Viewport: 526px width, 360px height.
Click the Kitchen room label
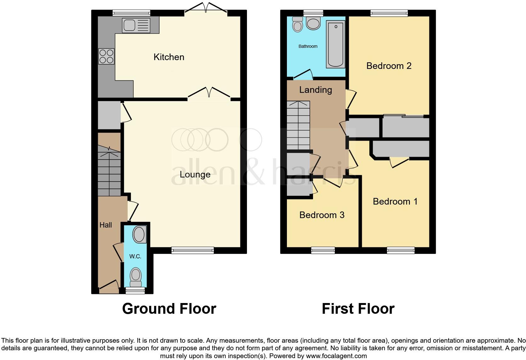pyautogui.click(x=169, y=57)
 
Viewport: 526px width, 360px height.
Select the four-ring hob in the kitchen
pyautogui.click(x=106, y=56)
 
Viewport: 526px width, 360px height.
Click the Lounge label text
pyautogui.click(x=195, y=174)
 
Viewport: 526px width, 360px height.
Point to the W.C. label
pyautogui.click(x=135, y=256)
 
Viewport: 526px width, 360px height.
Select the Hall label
pyautogui.click(x=106, y=225)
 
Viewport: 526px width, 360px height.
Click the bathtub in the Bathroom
pyautogui.click(x=335, y=44)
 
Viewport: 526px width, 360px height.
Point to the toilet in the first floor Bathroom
pyautogui.click(x=297, y=24)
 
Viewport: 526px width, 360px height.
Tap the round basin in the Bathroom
pyautogui.click(x=313, y=23)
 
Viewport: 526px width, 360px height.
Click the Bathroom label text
pyautogui.click(x=308, y=46)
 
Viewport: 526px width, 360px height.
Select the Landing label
pyautogui.click(x=316, y=90)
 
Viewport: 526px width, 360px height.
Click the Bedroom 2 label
pyautogui.click(x=389, y=66)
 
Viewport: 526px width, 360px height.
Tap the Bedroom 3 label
pyautogui.click(x=322, y=215)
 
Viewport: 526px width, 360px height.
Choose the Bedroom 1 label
pyautogui.click(x=395, y=201)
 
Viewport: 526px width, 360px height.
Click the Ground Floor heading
pyautogui.click(x=169, y=309)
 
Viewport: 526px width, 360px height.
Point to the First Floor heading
pyautogui.click(x=358, y=309)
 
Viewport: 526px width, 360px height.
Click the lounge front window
pyautogui.click(x=193, y=250)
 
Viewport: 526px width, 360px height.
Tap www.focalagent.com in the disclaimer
pyautogui.click(x=336, y=356)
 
